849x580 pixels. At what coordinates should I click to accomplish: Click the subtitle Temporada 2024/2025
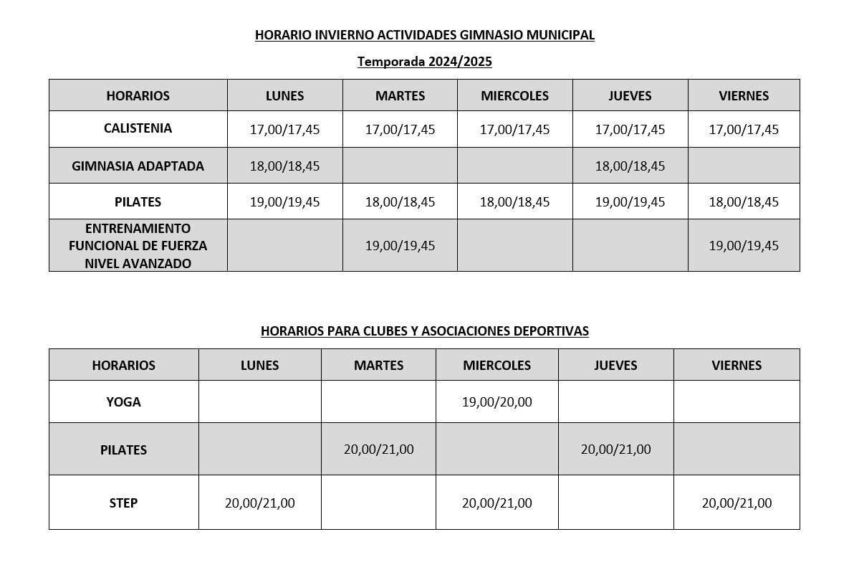(x=424, y=62)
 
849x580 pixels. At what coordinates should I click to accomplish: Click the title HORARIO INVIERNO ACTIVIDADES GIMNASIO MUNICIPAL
(x=424, y=34)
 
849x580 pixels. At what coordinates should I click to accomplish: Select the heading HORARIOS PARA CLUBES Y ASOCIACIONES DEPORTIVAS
(x=424, y=331)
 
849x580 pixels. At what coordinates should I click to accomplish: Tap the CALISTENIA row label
(x=138, y=128)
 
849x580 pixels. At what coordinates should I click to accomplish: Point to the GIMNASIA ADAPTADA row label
(x=138, y=166)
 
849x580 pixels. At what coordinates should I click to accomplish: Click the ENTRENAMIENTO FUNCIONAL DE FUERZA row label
(x=138, y=245)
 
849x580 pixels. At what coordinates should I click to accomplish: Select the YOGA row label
(x=123, y=401)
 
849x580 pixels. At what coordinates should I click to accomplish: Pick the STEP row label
(x=123, y=503)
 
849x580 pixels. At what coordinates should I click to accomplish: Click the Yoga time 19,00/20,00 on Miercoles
(x=497, y=401)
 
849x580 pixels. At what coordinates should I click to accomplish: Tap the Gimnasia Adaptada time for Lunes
(x=284, y=166)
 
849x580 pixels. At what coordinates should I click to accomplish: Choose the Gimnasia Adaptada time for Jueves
(x=630, y=166)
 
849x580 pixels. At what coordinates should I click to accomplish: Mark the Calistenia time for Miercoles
(x=514, y=130)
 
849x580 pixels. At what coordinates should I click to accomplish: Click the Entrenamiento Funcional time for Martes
(x=400, y=245)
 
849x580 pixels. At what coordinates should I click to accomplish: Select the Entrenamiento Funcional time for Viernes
(x=743, y=245)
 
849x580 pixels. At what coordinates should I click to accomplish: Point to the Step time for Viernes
(x=737, y=503)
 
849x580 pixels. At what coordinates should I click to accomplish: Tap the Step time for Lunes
(x=259, y=503)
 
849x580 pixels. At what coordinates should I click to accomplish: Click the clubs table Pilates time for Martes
(x=378, y=449)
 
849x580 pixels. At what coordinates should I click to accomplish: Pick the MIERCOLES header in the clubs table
(x=497, y=365)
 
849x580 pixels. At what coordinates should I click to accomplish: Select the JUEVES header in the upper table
(x=630, y=95)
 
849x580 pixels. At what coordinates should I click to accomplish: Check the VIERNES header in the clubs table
(x=737, y=365)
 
